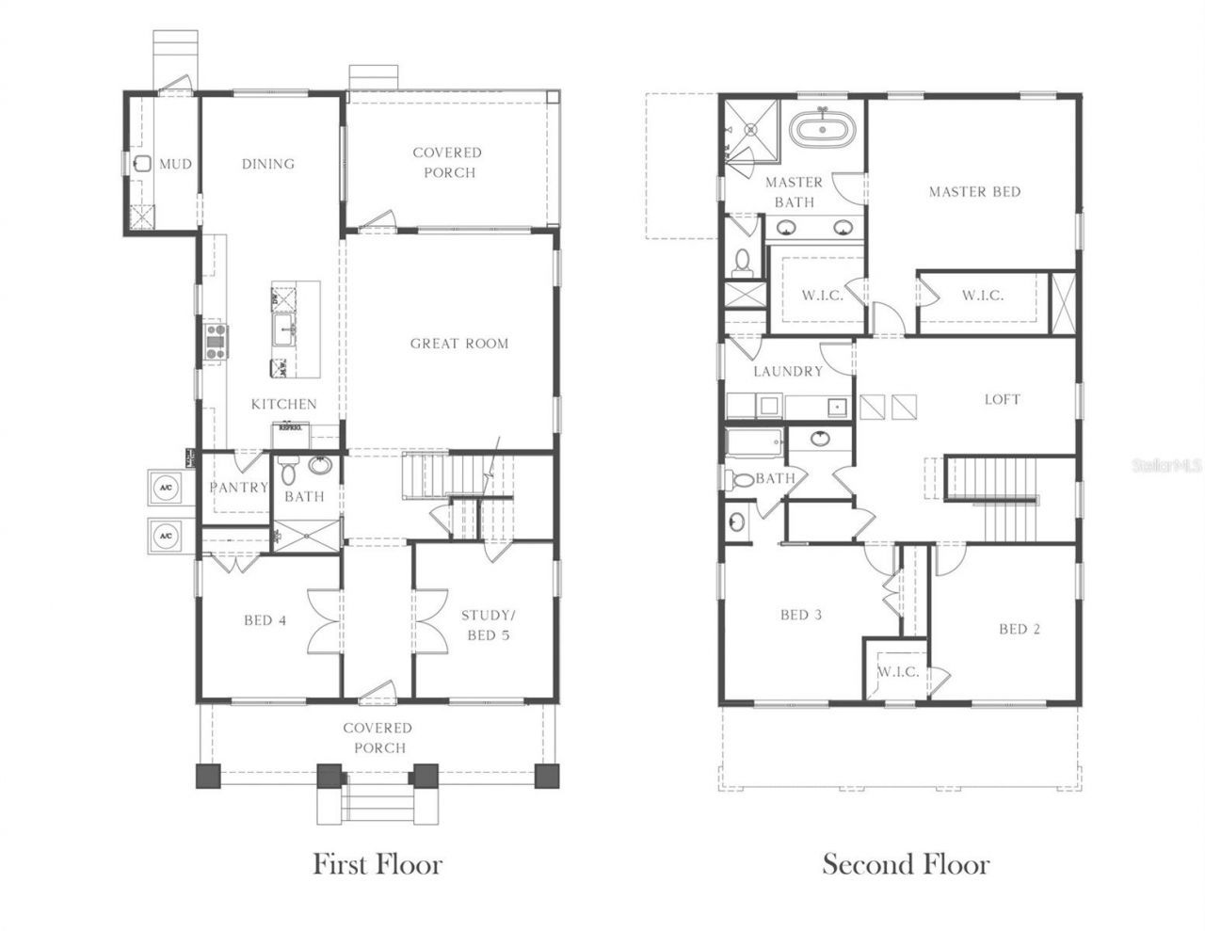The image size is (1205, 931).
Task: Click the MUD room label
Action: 175,164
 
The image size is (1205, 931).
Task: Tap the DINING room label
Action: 268,164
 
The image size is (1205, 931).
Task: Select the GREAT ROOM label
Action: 458,344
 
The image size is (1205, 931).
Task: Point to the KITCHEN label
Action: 283,404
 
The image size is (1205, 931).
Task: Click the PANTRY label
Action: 238,488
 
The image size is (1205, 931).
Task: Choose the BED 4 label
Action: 265,620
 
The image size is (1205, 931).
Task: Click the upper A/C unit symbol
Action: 166,488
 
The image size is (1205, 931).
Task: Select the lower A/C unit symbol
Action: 166,536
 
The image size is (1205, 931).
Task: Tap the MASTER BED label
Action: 974,192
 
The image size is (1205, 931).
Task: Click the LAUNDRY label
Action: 788,372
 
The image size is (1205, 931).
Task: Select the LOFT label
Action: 1002,399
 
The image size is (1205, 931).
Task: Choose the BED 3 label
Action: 801,615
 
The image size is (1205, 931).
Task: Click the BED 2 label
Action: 1019,629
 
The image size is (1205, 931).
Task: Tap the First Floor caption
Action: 377,863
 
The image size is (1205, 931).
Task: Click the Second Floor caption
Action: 906,863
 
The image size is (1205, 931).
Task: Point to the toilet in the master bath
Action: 742,260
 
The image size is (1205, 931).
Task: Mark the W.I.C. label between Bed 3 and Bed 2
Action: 897,672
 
